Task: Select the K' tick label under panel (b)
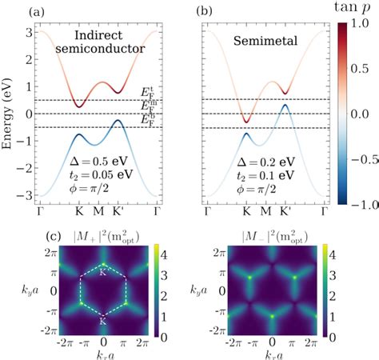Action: [285, 214]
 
